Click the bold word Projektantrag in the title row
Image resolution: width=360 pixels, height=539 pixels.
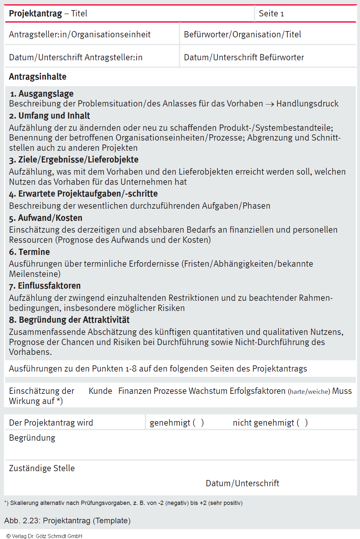[35, 13]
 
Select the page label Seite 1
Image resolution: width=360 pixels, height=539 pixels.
[271, 13]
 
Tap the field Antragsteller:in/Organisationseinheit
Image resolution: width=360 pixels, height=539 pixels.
[80, 34]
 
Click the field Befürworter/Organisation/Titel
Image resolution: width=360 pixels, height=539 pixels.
[242, 34]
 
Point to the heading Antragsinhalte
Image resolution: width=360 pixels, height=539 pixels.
[38, 77]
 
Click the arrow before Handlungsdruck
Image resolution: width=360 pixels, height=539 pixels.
[270, 104]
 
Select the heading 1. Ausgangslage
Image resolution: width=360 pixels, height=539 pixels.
[42, 94]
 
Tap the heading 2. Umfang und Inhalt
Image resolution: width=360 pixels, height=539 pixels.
[49, 116]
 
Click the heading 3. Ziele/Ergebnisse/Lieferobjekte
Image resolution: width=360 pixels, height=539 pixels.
[74, 160]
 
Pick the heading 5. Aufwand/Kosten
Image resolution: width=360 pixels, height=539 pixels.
[46, 218]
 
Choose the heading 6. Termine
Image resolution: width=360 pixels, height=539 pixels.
[29, 252]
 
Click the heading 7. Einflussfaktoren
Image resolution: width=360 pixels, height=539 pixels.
[45, 286]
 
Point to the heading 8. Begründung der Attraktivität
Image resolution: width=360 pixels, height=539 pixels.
[69, 320]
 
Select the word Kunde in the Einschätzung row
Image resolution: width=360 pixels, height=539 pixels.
[100, 391]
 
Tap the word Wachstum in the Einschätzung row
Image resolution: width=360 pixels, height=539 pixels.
[208, 391]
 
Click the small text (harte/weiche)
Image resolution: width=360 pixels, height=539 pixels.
[309, 392]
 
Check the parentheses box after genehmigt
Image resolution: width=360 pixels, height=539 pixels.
[198, 423]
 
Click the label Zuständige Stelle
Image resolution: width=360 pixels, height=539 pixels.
[42, 468]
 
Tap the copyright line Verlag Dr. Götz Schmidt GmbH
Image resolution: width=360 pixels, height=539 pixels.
[45, 536]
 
